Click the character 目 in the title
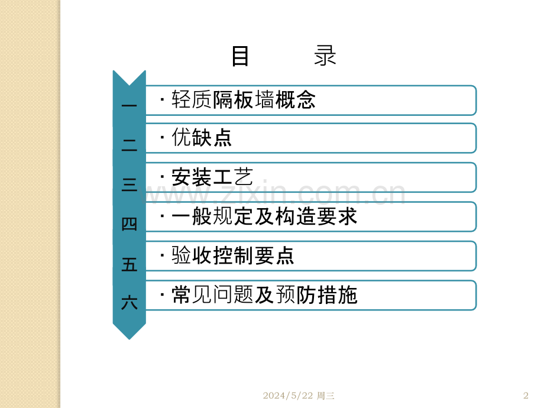coord(240,56)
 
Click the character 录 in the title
coord(325,56)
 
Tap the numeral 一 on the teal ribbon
coord(129,105)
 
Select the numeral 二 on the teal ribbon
coord(129,145)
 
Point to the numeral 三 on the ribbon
coord(129,184)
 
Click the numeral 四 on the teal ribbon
coord(129,224)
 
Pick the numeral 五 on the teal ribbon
coord(129,264)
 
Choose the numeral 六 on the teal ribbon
coord(129,303)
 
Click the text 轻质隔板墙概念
coord(244,100)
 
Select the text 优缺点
coord(202,137)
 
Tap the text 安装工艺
coord(212,177)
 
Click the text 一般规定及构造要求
coord(264,216)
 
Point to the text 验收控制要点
coord(233,255)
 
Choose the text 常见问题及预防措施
coord(264,295)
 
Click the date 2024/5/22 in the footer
coord(287,396)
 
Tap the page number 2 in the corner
coord(526,396)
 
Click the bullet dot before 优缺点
coord(162,137)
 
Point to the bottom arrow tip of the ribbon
coord(129,339)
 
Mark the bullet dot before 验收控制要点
coord(162,256)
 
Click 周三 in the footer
coord(325,396)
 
